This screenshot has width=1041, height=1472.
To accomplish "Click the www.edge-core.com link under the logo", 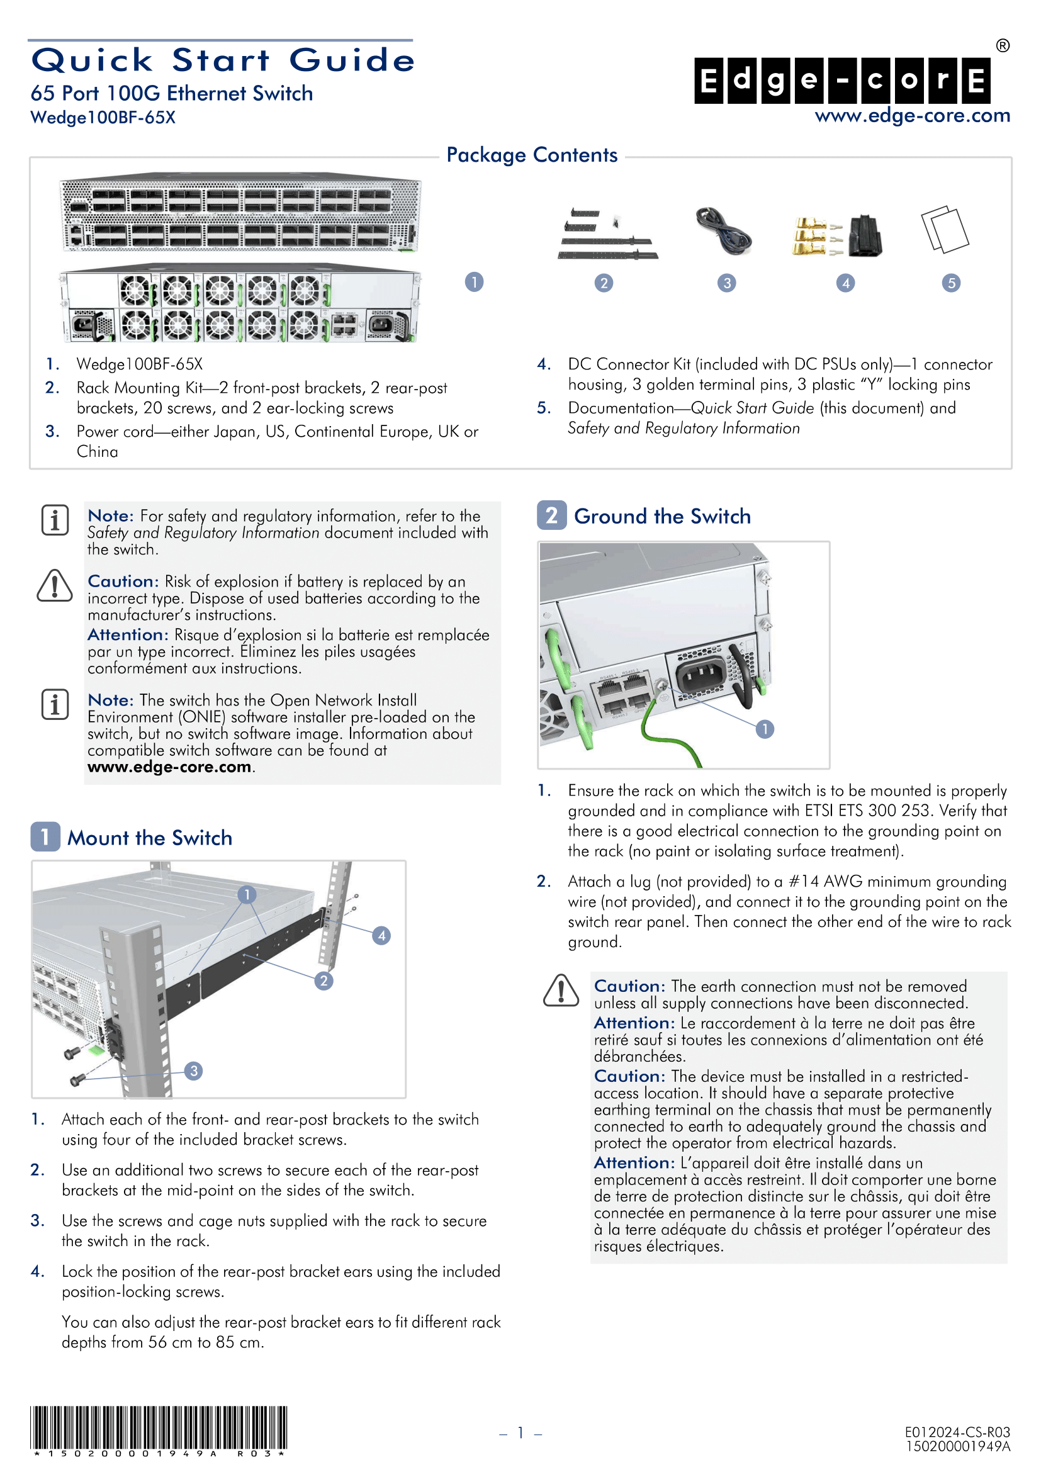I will coord(911,116).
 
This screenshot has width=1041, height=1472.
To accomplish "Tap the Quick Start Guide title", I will coord(223,60).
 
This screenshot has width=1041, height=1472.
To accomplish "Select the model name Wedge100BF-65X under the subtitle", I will coord(103,118).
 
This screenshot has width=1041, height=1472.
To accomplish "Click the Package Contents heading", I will coord(531,155).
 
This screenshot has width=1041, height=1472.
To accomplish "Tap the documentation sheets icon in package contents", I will coord(944,229).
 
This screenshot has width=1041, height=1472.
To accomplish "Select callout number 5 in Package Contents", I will coord(951,283).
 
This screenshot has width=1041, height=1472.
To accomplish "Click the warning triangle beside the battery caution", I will coord(55,586).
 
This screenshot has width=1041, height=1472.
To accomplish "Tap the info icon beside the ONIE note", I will coord(55,705).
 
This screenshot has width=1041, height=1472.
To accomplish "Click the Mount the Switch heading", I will coord(149,838).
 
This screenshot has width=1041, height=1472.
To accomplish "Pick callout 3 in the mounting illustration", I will coord(194,1070).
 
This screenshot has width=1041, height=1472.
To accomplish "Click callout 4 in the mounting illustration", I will coord(381,935).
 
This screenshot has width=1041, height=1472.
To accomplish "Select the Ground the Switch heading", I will coord(661,517).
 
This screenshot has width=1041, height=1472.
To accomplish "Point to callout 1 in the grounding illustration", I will coord(764,729).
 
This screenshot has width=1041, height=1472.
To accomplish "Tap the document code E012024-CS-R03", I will coord(957,1432).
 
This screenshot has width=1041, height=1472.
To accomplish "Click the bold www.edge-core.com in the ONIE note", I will coord(169,767).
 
